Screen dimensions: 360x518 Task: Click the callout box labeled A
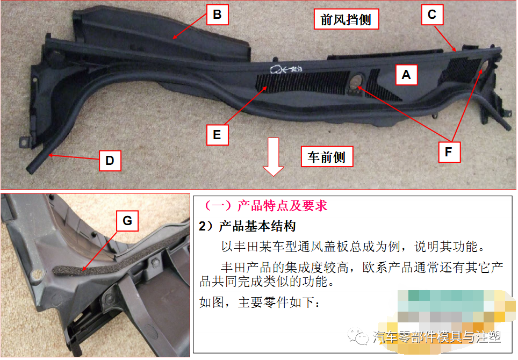click(406, 75)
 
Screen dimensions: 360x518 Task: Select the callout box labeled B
click(217, 15)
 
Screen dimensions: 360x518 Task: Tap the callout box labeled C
click(431, 15)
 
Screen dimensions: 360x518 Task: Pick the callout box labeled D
click(110, 161)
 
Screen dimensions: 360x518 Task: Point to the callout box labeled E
click(217, 134)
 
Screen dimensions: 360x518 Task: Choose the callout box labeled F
click(448, 152)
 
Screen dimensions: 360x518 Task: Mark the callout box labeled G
click(127, 220)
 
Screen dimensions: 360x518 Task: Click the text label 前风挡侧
click(346, 20)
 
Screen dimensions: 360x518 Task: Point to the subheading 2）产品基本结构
click(247, 226)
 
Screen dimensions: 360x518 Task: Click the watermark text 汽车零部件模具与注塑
click(436, 337)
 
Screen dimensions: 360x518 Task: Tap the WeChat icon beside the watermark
click(357, 337)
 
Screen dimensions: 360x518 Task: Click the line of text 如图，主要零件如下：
click(259, 303)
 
